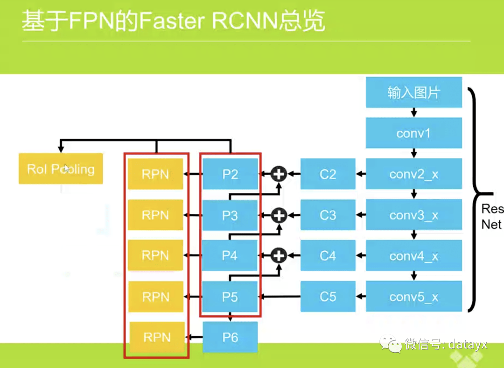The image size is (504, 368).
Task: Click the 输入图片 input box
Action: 413,92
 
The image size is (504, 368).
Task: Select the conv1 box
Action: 413,133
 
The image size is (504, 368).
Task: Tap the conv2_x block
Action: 413,174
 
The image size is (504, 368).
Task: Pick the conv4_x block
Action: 413,255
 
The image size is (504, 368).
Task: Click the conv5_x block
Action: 413,297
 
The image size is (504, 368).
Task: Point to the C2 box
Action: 328,174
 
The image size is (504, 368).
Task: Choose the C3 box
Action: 328,215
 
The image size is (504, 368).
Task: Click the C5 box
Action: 328,297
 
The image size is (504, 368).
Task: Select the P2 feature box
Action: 230,174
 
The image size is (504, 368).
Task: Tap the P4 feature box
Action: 230,255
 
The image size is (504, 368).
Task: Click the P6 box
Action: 230,337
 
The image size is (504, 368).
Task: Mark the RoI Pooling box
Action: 61,169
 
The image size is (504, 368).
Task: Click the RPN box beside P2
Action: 155,174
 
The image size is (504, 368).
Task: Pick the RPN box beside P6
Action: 157,337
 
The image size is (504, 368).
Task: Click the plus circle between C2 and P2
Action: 279,174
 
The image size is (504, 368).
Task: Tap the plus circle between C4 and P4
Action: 279,255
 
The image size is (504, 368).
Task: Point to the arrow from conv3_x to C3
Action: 361,215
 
